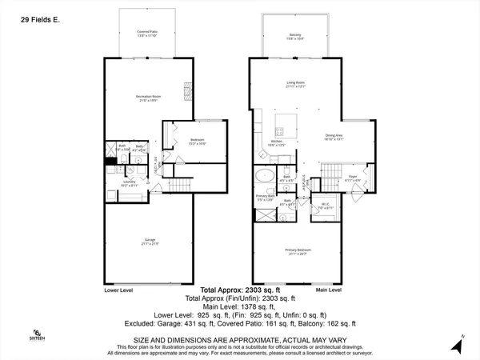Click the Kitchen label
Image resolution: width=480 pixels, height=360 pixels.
[x=274, y=145]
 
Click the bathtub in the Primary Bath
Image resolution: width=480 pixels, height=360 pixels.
[x=265, y=177]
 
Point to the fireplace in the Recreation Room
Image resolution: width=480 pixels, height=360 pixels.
[x=190, y=90]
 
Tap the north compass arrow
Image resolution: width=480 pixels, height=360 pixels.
[x=458, y=345]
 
